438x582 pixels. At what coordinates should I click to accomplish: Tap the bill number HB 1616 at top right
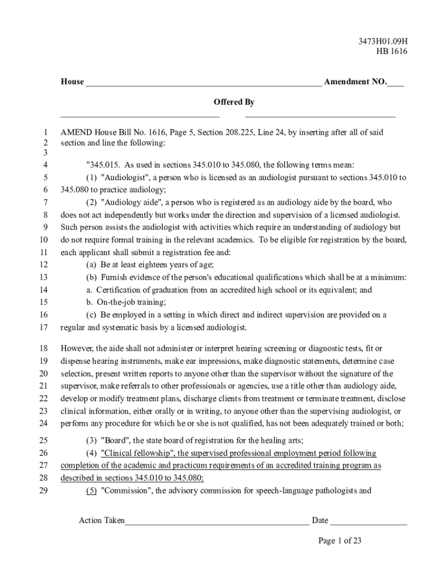[x=391, y=52]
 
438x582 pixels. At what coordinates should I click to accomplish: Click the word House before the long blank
[x=72, y=82]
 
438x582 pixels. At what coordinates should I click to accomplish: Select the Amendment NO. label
[x=355, y=82]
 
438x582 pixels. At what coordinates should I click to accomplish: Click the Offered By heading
[x=234, y=102]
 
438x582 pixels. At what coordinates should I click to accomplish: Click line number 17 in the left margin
[x=44, y=327]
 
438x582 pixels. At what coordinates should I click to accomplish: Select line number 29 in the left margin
[x=44, y=490]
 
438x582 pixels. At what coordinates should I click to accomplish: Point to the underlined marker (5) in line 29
[x=92, y=490]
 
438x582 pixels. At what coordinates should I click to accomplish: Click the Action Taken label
[x=102, y=521]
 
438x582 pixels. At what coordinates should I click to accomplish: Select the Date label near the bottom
[x=320, y=521]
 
